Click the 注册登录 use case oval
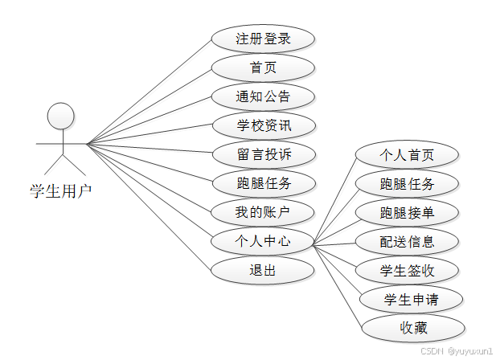[x=263, y=39]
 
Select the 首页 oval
[x=263, y=67]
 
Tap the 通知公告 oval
[x=263, y=96]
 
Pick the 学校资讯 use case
[x=263, y=125]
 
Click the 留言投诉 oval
[x=263, y=154]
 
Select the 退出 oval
[x=263, y=269]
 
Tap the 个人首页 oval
[x=407, y=154]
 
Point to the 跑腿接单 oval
[x=407, y=212]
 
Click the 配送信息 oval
[x=407, y=241]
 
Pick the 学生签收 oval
[x=407, y=270]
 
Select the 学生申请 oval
[x=412, y=299]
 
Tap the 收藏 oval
[x=413, y=328]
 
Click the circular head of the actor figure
[x=60, y=116]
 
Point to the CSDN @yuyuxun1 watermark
[x=454, y=352]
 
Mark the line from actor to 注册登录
[x=149, y=92]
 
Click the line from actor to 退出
[x=149, y=205]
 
